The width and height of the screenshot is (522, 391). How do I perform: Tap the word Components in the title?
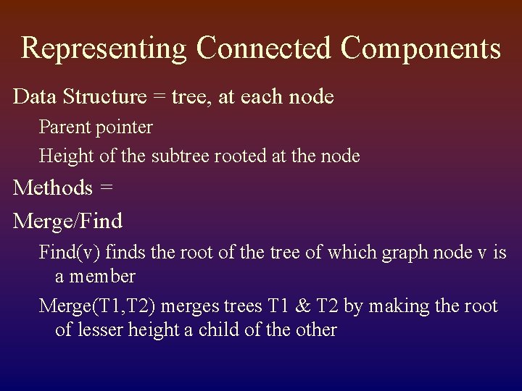coord(420,49)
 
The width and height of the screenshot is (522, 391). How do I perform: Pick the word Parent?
coord(61,127)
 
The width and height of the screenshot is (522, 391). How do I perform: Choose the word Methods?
coord(53,188)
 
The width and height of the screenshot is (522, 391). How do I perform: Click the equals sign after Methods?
coord(106,188)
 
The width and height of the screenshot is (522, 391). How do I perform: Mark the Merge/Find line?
coord(68,219)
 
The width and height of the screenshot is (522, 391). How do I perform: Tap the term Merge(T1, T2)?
coord(97,306)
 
